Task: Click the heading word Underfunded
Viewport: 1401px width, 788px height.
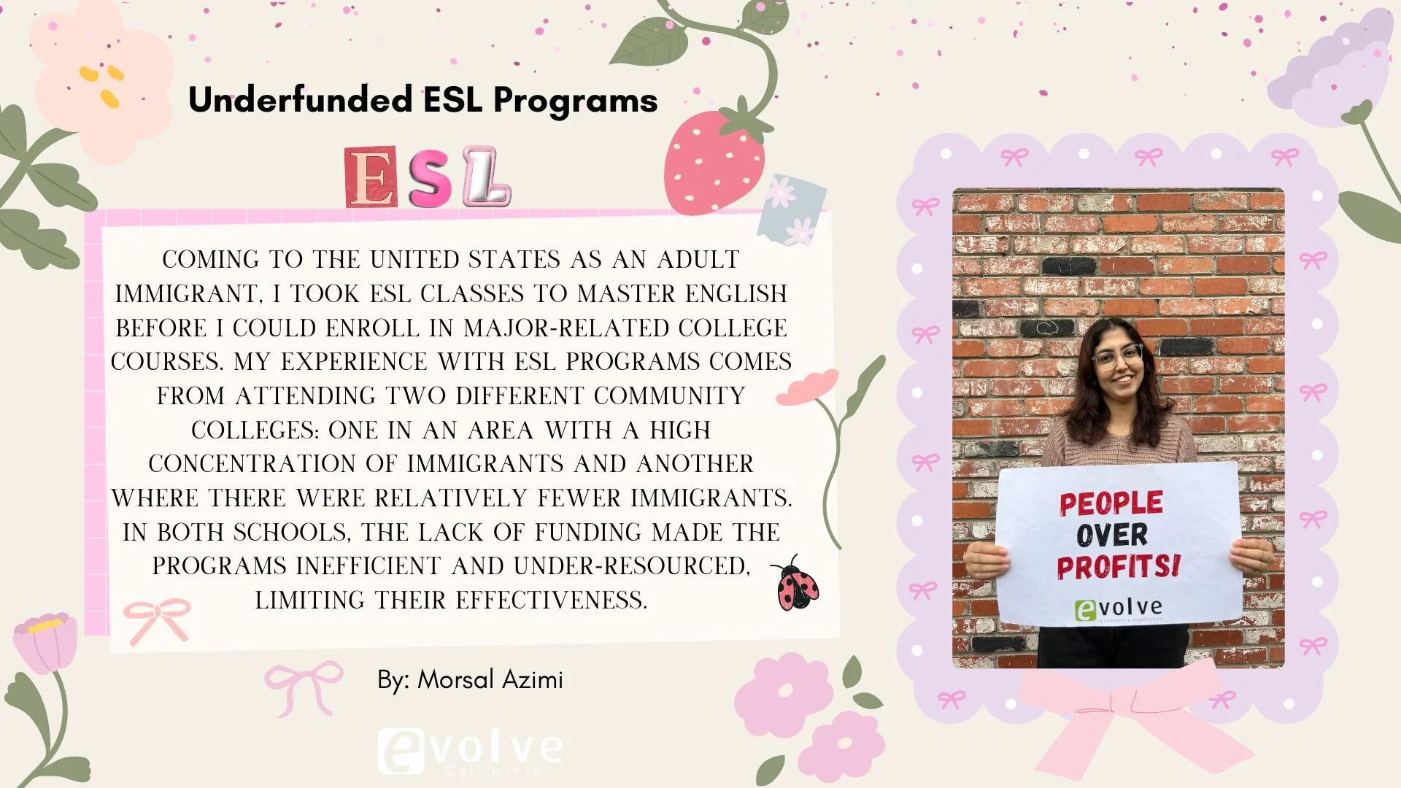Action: [300, 100]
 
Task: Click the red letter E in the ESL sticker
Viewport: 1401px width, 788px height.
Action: [371, 177]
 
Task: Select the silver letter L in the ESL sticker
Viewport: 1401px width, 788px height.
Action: [487, 177]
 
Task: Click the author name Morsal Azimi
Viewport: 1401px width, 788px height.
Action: [490, 680]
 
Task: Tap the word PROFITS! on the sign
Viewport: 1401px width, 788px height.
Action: [1118, 567]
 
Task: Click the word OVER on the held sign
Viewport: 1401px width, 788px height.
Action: [1112, 535]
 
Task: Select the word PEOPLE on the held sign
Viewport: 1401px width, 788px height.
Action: [1111, 503]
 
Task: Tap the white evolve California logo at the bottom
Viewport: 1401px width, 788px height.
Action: [471, 750]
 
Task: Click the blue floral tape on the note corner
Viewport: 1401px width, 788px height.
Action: [793, 209]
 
